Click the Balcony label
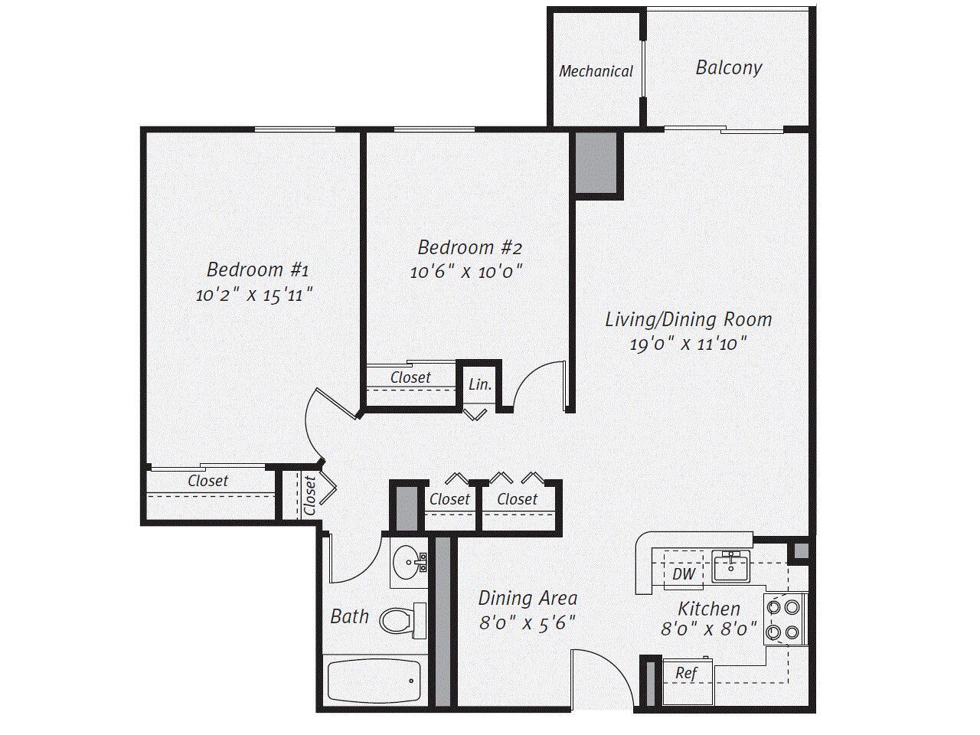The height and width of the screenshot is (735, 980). [x=728, y=67]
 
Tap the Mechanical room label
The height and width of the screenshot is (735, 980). [x=596, y=71]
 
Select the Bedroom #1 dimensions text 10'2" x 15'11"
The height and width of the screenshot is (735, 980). [x=255, y=294]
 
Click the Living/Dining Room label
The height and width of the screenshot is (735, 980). [x=688, y=318]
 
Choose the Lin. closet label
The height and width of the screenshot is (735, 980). [x=480, y=384]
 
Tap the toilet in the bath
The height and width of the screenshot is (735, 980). [x=401, y=620]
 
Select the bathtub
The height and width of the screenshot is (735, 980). [x=374, y=680]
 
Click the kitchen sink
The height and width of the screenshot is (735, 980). [x=730, y=567]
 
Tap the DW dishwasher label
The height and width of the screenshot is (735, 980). [x=683, y=574]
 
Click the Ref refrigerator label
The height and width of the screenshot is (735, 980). [x=686, y=674]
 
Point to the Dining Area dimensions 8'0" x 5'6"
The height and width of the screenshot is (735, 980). [x=528, y=623]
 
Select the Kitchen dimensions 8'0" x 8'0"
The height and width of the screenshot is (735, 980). [x=709, y=629]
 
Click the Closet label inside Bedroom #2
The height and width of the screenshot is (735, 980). [x=410, y=377]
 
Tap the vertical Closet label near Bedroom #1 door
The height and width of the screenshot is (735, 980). [x=309, y=495]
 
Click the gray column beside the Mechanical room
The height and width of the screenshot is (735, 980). [x=596, y=162]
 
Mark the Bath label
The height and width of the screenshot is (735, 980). [x=350, y=616]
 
